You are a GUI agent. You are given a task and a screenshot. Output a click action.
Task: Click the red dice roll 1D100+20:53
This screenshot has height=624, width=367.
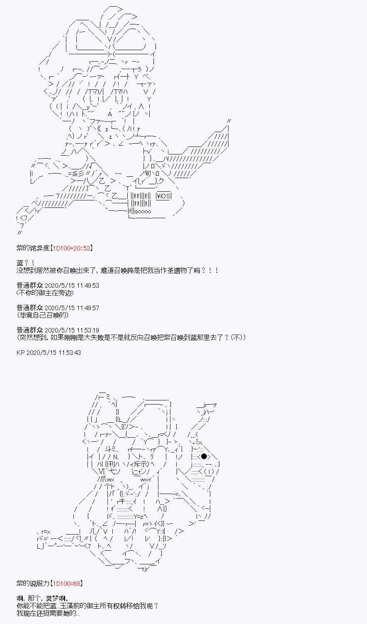coord(71,248)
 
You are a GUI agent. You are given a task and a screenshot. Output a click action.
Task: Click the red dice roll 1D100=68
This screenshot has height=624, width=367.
coord(67,583)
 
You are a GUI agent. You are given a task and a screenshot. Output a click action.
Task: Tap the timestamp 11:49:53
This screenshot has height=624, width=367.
coord(88,286)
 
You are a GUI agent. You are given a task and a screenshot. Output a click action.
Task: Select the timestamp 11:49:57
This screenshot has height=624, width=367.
coord(88,308)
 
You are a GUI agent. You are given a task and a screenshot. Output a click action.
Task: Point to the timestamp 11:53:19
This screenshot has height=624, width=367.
coord(88,330)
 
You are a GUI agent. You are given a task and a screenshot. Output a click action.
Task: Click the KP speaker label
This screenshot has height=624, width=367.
coord(21,352)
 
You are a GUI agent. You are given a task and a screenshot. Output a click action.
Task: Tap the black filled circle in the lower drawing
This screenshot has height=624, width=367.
coord(204,456)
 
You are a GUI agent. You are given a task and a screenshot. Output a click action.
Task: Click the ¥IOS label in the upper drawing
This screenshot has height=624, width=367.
coord(163,196)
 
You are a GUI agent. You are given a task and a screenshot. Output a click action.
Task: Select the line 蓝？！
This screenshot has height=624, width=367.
coord(25,263)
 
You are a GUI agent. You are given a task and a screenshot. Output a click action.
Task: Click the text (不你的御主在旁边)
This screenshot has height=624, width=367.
coord(45,293)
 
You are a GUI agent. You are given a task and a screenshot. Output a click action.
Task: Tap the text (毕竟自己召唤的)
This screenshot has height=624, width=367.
coord(42,315)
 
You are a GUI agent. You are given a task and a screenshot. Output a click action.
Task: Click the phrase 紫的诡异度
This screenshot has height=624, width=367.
coord(33,248)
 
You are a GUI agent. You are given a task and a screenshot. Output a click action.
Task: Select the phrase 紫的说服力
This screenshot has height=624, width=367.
coord(33,583)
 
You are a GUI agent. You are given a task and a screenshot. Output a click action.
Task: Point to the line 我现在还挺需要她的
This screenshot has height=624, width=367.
coord(48,613)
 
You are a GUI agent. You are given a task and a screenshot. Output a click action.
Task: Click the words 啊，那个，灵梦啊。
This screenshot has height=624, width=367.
coord(43,598)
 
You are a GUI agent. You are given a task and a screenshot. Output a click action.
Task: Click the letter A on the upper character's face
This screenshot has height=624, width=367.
coord(110,114)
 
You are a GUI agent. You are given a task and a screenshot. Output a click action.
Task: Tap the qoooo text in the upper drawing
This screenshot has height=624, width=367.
coord(143,212)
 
